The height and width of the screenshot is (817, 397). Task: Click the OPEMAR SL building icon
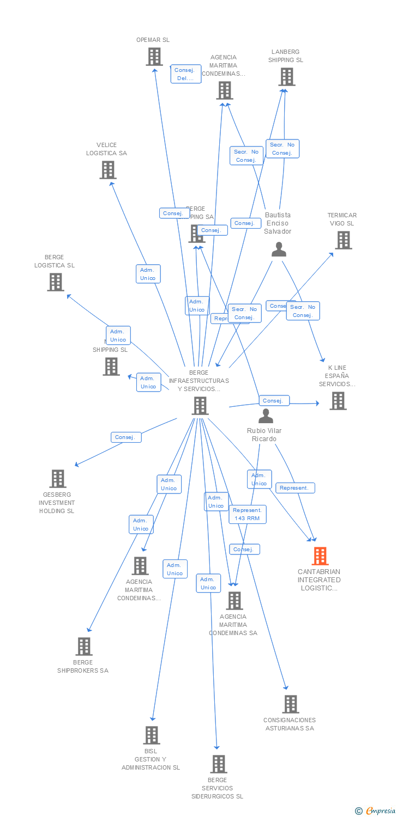click(x=154, y=57)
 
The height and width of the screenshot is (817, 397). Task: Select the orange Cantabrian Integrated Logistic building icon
click(x=320, y=556)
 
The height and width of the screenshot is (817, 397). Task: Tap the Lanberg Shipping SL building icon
click(x=286, y=77)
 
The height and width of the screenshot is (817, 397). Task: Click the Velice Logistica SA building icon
click(x=108, y=170)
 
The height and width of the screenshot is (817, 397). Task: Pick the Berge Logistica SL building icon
click(x=56, y=282)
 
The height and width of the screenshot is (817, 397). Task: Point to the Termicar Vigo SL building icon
click(x=343, y=240)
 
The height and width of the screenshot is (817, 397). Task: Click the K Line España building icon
click(x=338, y=401)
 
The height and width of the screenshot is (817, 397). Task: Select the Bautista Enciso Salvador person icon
click(x=279, y=249)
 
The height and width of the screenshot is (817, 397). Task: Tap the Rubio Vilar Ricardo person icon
click(x=266, y=417)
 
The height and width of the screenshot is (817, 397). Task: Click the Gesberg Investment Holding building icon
click(x=58, y=479)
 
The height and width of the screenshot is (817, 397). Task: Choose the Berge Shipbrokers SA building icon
click(x=84, y=647)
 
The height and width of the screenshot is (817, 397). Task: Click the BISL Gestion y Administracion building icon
click(x=152, y=735)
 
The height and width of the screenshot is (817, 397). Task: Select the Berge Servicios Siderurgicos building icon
click(x=219, y=764)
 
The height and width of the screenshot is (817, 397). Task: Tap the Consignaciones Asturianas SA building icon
click(x=290, y=704)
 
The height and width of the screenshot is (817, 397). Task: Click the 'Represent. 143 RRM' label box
click(x=248, y=514)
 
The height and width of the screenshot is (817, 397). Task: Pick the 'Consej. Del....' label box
click(x=186, y=74)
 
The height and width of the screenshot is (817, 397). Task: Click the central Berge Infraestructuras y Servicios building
click(x=200, y=406)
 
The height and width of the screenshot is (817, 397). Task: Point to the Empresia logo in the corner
click(x=375, y=811)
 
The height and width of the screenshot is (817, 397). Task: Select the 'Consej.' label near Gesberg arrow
click(x=126, y=437)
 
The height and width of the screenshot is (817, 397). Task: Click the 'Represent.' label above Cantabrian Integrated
click(x=295, y=488)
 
